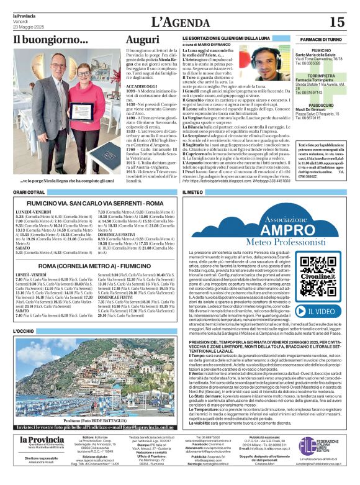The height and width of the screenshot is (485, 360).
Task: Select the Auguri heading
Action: pos(143,40)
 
